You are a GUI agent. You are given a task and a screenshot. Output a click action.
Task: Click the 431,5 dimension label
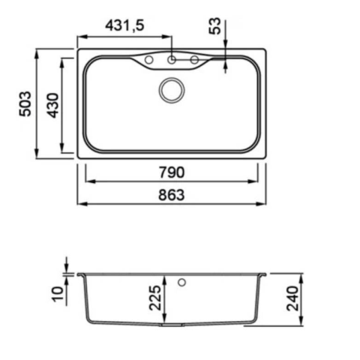124,25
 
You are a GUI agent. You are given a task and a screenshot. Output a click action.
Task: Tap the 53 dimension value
215,25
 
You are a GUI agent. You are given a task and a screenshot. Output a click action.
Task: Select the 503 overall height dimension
25,104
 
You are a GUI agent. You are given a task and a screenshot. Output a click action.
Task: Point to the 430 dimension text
53,105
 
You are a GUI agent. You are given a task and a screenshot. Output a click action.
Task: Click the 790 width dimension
172,172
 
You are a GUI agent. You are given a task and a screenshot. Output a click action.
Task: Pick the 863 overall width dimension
172,195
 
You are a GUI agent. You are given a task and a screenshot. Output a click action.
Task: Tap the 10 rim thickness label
58,294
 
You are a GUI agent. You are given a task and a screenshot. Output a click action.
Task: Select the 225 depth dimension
155,298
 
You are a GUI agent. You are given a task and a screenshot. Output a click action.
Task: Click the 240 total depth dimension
292,298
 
